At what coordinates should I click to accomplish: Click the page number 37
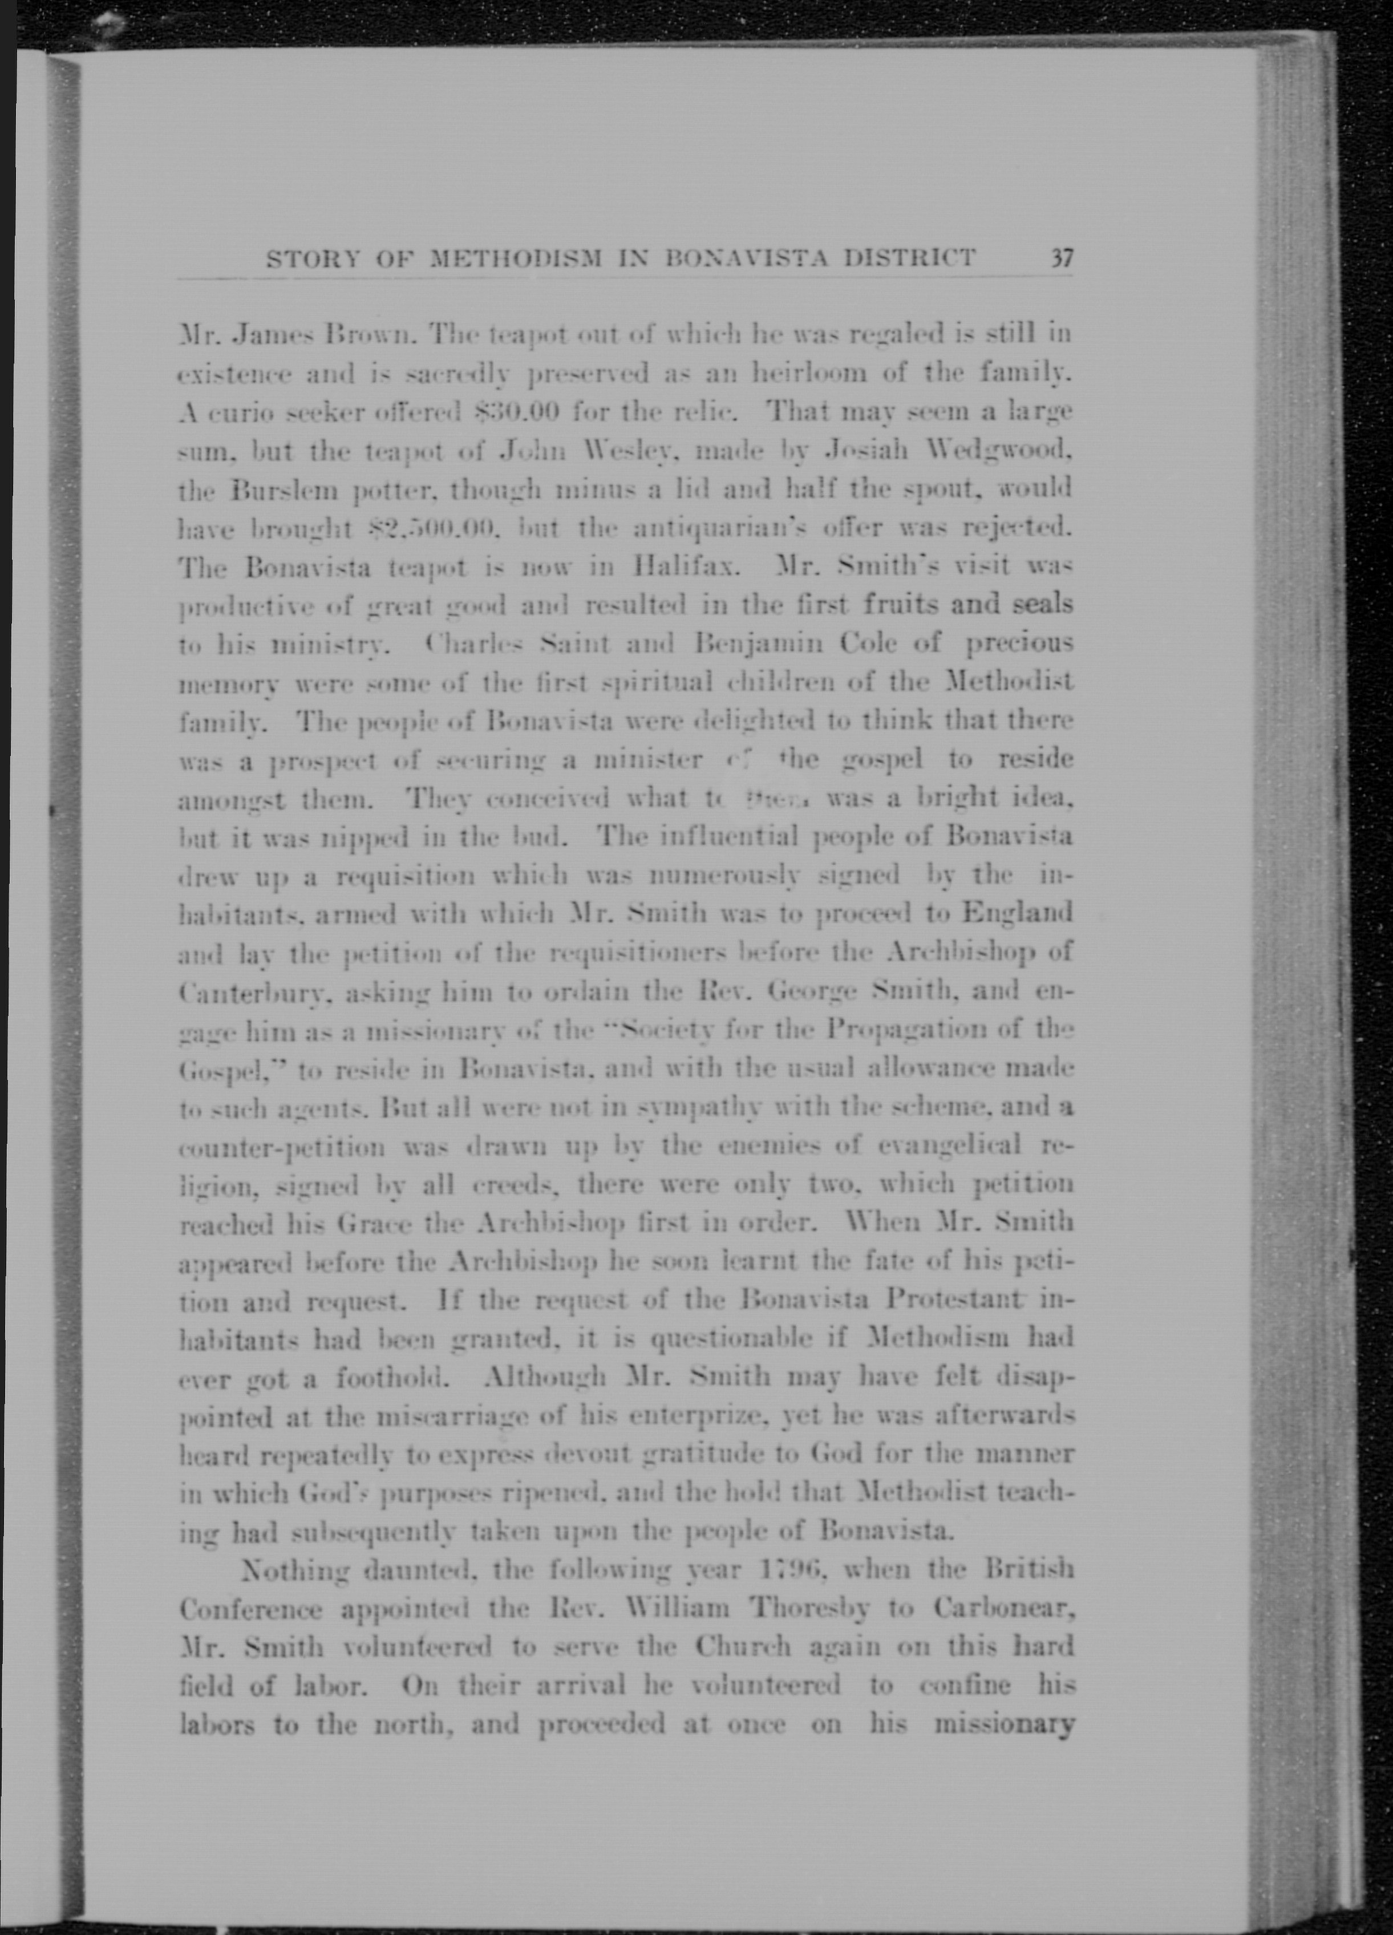[x=1061, y=258]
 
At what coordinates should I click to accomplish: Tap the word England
[x=1015, y=914]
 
